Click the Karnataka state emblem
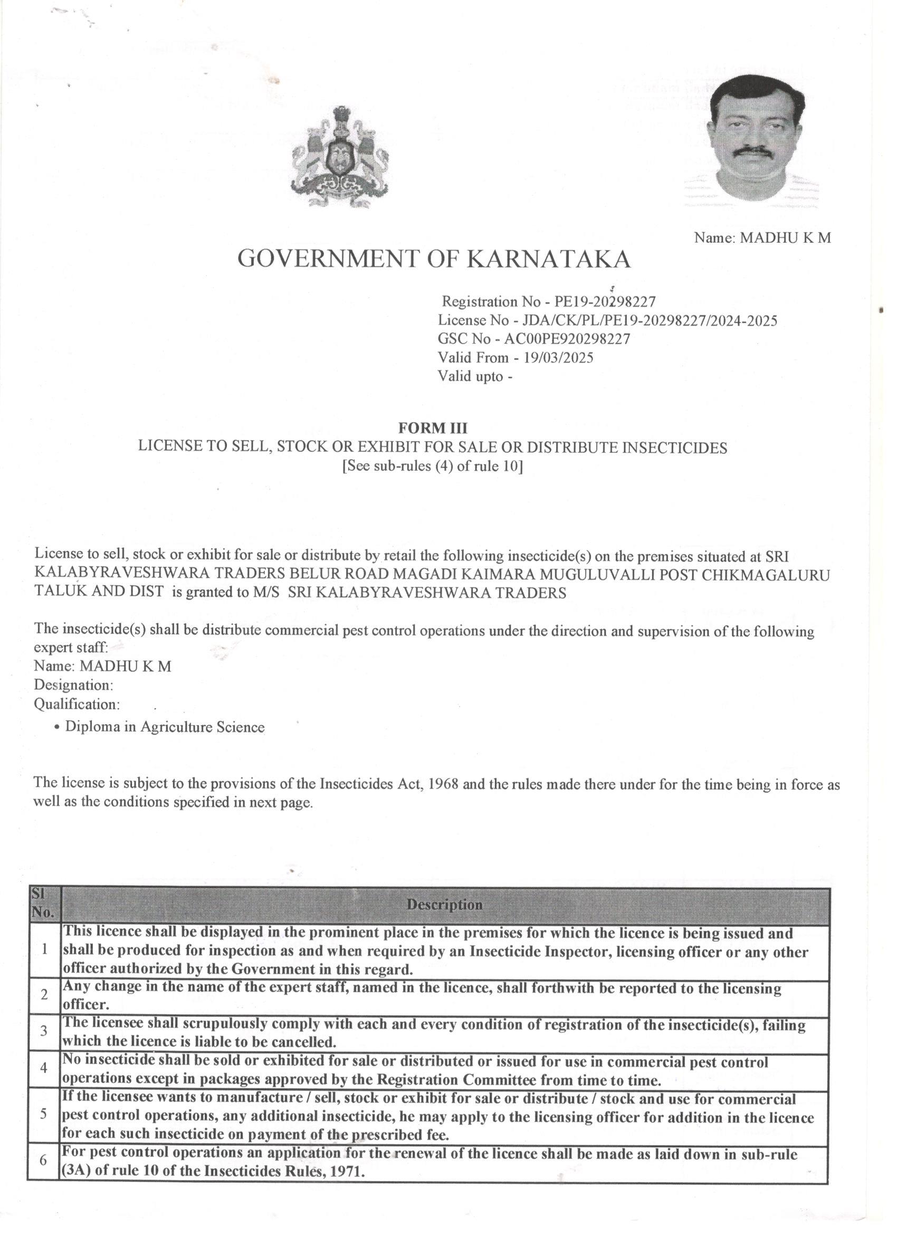point(340,157)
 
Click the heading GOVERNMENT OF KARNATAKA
point(434,259)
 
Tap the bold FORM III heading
point(433,428)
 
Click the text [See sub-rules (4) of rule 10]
point(433,466)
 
